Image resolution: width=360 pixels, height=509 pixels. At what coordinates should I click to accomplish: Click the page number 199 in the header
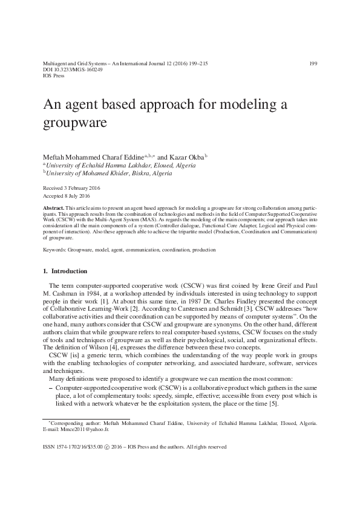point(313,63)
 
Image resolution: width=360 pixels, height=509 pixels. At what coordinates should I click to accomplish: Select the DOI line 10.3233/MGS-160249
point(73,70)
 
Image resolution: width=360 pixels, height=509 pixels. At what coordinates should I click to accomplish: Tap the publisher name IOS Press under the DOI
point(54,77)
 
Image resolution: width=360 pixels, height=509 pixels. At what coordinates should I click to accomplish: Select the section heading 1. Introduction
point(65,271)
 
